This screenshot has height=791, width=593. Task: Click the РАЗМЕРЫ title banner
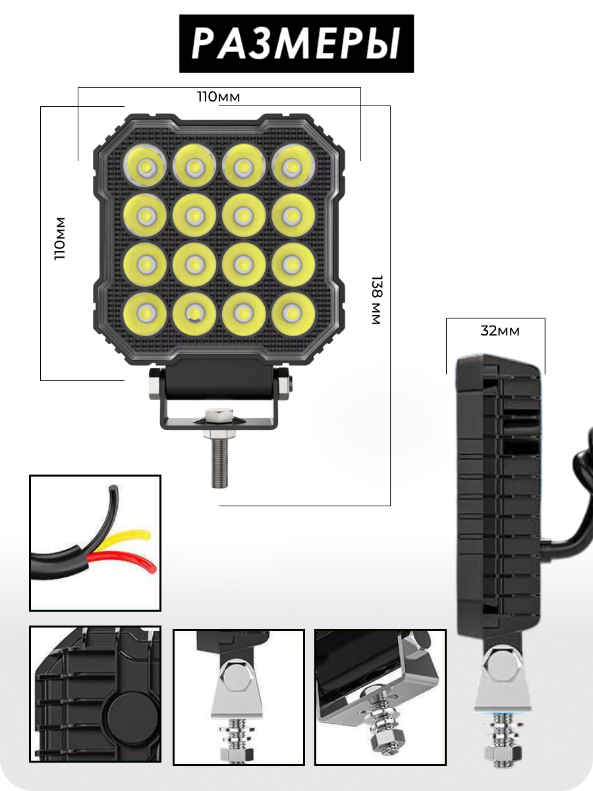(296, 44)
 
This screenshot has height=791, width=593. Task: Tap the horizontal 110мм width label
(219, 97)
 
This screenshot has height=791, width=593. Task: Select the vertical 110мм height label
(60, 238)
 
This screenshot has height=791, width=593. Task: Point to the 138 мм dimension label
(376, 301)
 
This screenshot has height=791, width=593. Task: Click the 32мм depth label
(499, 331)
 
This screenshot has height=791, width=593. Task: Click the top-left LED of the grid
(144, 165)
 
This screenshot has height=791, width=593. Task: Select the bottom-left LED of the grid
(144, 312)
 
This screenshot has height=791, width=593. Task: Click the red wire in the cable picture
(132, 562)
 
